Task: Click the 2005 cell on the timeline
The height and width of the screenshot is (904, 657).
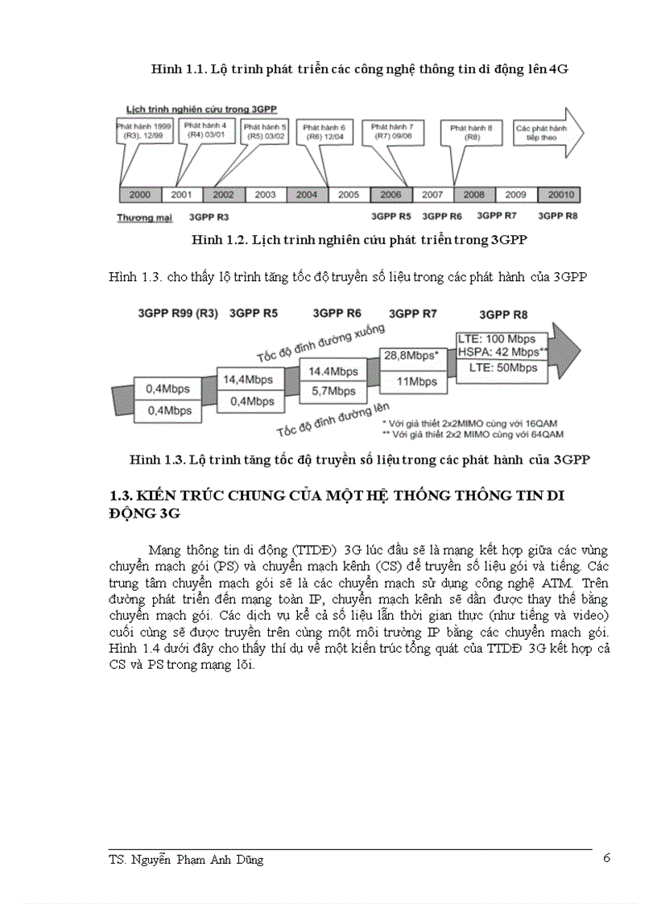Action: [348, 195]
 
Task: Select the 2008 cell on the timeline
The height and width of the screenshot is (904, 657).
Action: [473, 195]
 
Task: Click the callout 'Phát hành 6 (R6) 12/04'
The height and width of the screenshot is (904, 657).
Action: [325, 132]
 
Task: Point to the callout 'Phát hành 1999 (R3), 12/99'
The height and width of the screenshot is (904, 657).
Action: [143, 131]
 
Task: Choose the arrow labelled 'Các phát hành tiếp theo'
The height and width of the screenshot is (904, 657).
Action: [547, 133]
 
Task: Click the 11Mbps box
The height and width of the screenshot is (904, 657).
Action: [416, 382]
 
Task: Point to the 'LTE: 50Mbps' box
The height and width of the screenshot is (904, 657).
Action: [502, 368]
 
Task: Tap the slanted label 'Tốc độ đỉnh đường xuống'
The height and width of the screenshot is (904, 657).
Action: [321, 342]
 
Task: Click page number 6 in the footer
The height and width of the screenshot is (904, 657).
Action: [606, 857]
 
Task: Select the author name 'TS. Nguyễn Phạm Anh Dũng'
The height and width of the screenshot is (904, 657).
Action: [186, 860]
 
